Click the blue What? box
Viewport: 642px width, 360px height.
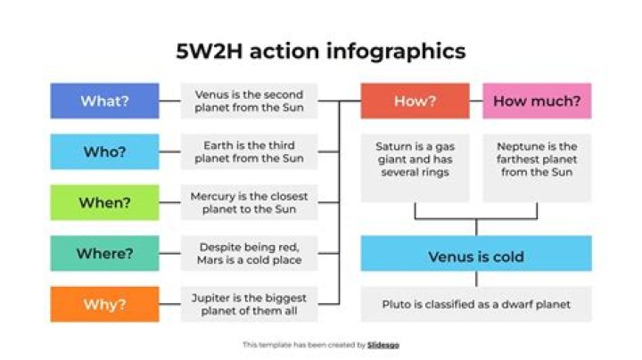click(x=104, y=101)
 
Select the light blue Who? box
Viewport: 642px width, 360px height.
click(x=104, y=151)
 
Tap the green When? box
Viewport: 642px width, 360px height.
click(x=104, y=202)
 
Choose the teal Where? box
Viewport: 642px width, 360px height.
click(x=104, y=253)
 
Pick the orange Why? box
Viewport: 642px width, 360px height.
click(x=104, y=304)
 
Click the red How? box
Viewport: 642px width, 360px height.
click(x=415, y=101)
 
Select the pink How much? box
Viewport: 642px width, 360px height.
click(x=537, y=101)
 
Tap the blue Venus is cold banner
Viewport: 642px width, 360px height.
click(x=475, y=257)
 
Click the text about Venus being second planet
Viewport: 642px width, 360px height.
click(x=249, y=101)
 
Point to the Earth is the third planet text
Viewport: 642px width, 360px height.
click(x=249, y=151)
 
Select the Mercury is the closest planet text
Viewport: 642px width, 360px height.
click(x=249, y=202)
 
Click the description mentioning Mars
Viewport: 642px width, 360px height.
click(x=249, y=253)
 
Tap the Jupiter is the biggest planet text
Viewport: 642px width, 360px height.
click(x=249, y=304)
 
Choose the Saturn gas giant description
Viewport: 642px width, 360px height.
click(x=415, y=159)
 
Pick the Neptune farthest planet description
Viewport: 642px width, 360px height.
click(x=537, y=159)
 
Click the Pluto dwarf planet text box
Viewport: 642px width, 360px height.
click(x=475, y=304)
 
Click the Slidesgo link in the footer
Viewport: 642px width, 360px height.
click(x=383, y=344)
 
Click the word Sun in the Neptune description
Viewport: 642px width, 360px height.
click(x=562, y=171)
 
